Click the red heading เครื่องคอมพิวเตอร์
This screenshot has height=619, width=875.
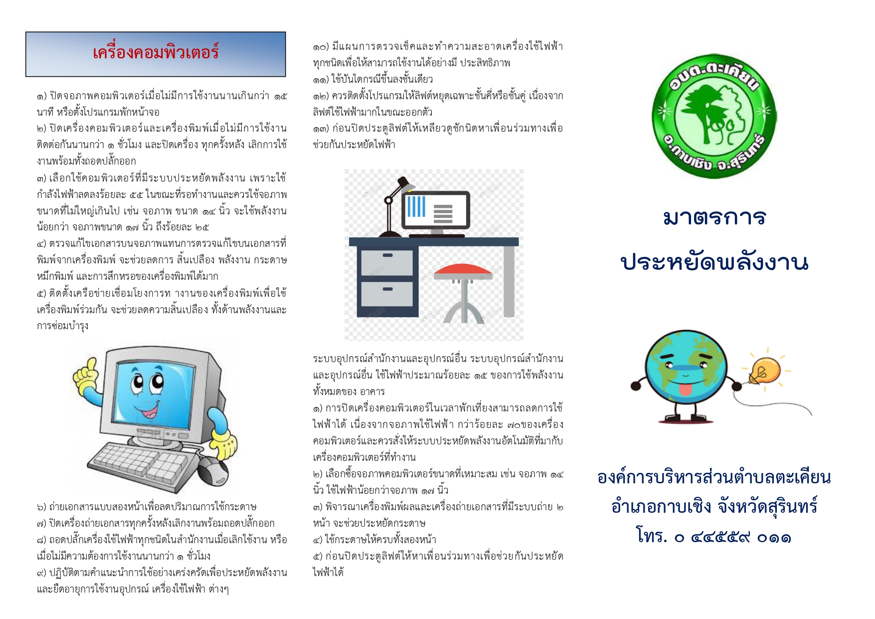coord(156,52)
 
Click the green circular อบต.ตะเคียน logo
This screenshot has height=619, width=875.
coord(714,116)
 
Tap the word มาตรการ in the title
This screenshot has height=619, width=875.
coord(714,217)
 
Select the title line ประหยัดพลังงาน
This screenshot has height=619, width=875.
coord(714,261)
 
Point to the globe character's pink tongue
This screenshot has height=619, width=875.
coord(686,388)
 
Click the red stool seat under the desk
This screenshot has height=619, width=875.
coord(463,271)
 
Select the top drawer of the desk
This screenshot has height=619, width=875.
coord(387,261)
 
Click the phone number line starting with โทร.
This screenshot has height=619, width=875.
coord(714,536)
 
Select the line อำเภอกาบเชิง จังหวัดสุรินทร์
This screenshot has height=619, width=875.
coord(714,506)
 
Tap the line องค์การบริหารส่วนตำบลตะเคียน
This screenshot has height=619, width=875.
coord(714,477)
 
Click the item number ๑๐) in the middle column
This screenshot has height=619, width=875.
coord(321,47)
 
